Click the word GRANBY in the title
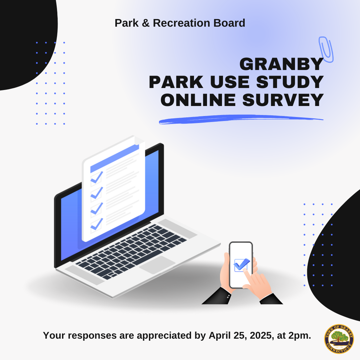(281, 64)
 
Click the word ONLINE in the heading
(199, 100)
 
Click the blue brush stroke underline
(240, 119)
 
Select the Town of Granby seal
(339, 339)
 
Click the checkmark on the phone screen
(241, 265)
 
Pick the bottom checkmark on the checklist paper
(97, 224)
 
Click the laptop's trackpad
(157, 265)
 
